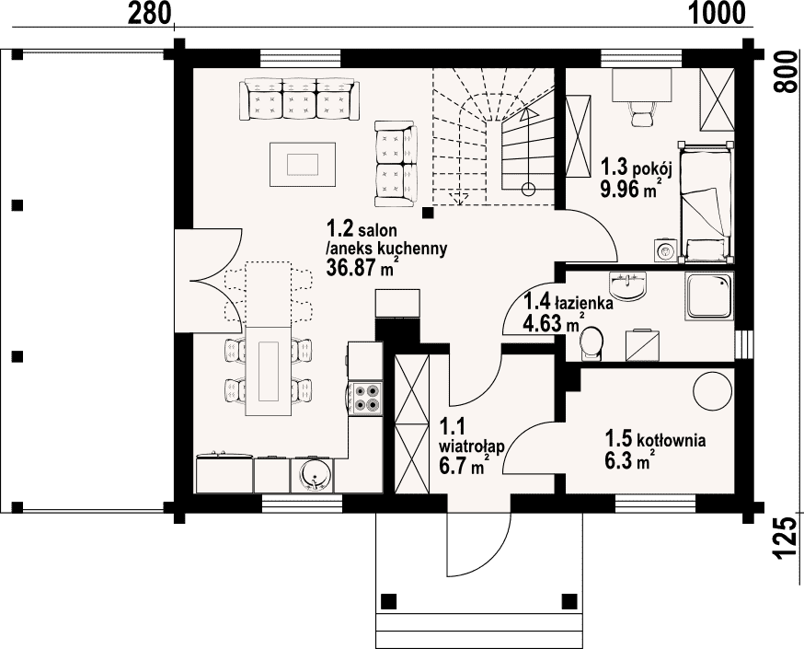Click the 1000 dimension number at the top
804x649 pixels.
click(717, 13)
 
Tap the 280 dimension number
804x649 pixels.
click(149, 13)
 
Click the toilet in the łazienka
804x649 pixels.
click(592, 342)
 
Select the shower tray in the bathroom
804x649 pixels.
click(709, 297)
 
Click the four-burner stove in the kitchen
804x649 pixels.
click(365, 398)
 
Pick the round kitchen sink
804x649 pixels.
click(312, 475)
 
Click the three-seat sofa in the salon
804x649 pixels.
click(300, 99)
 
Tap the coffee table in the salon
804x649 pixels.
click(303, 165)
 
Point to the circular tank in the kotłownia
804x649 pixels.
click(713, 390)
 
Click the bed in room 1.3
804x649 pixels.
click(705, 203)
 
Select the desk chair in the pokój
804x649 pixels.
click(641, 113)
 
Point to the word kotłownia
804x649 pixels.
click(671, 440)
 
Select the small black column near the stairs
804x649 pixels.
click(428, 213)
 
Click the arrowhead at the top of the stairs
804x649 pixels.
click(528, 111)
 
